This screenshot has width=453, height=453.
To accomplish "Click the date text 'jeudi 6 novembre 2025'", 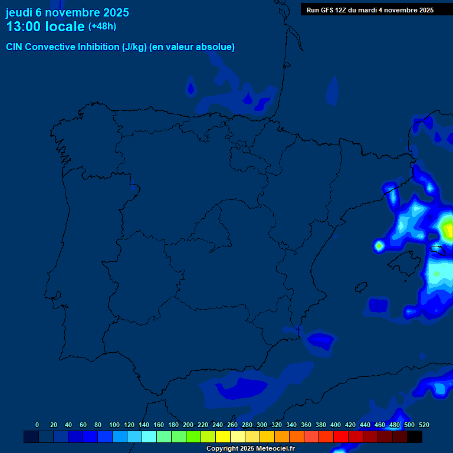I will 67,12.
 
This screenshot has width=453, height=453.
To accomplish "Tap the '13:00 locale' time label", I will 45,27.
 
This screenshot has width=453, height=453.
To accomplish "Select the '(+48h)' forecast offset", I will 103,27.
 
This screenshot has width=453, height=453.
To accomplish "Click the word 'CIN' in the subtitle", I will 15,47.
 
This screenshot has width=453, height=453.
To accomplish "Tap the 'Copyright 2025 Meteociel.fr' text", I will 250,449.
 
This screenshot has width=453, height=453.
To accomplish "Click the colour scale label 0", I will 37,425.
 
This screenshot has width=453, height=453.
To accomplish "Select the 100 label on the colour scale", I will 114,425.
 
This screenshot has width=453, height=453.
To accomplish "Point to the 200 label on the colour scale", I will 188,425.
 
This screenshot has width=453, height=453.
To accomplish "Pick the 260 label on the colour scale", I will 232,425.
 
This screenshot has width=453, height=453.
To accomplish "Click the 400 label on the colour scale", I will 336,425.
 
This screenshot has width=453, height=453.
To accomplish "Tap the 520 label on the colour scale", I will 424,425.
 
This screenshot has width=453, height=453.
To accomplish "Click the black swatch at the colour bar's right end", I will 415,436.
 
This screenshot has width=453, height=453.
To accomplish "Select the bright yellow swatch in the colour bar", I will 223,436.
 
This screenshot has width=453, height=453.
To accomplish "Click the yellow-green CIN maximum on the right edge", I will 447,226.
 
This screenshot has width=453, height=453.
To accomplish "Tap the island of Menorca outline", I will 436,250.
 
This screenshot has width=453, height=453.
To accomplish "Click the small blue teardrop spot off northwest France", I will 190,88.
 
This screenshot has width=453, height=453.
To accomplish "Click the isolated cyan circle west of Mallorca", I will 379,245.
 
